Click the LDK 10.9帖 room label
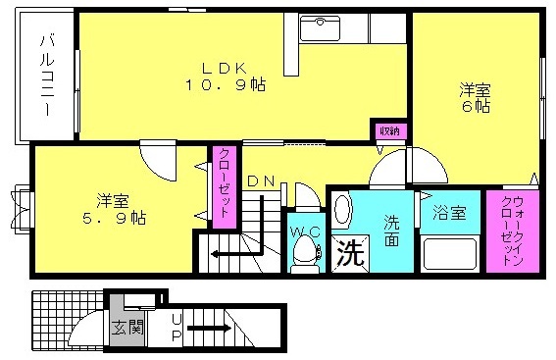click(225, 77)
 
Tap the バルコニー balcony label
click(47, 76)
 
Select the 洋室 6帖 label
click(476, 97)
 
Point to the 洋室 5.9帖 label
click(114, 209)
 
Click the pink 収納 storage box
click(390, 131)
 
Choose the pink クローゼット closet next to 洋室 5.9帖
click(225, 187)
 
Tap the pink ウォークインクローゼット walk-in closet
click(513, 231)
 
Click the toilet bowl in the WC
click(304, 253)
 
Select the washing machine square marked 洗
click(350, 254)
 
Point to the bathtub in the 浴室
click(450, 254)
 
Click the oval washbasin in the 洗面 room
click(342, 211)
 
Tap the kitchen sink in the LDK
click(320, 27)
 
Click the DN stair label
click(261, 181)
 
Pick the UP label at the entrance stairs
click(177, 328)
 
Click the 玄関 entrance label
click(127, 328)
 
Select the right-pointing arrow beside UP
click(209, 328)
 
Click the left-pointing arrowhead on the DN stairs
click(214, 254)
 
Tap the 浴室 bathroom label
click(449, 214)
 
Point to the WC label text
click(306, 232)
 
